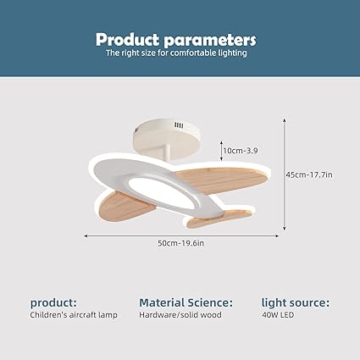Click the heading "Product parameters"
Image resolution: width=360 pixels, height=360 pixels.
click(x=175, y=39)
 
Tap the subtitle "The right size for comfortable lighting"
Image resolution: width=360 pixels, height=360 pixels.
click(x=175, y=53)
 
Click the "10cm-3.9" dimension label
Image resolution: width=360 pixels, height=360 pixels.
click(x=241, y=150)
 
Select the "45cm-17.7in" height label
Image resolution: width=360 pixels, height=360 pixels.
click(x=308, y=174)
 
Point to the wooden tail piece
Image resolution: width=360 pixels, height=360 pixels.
click(x=212, y=220)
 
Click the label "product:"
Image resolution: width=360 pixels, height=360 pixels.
click(x=54, y=302)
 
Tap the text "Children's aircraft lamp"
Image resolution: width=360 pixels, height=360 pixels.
click(x=75, y=315)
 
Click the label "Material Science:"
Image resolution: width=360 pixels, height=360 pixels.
click(x=186, y=302)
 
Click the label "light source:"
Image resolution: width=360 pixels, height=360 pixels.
click(x=296, y=302)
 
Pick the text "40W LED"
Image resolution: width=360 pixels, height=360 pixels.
click(x=278, y=315)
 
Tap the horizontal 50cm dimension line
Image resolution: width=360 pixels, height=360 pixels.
click(x=127, y=235)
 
